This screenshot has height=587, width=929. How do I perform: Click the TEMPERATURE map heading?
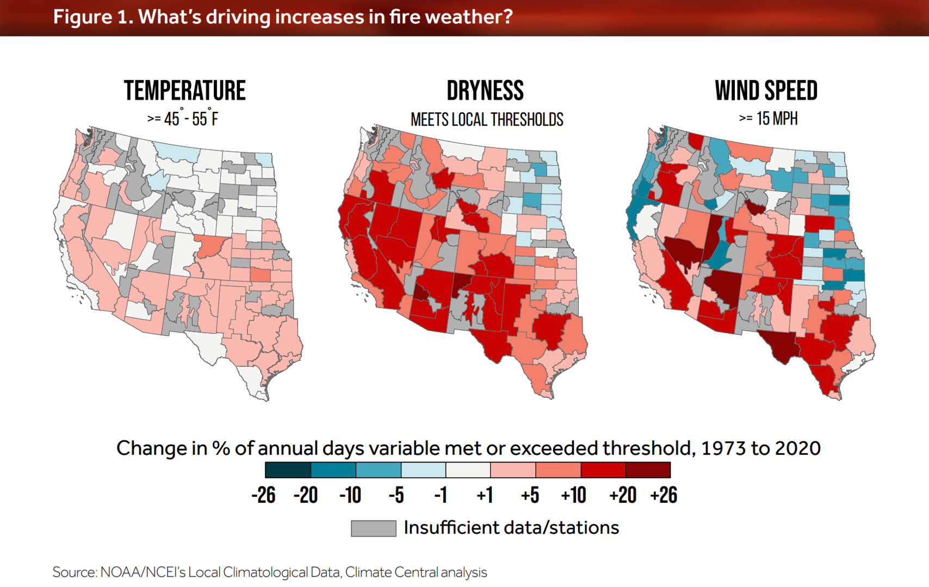pyautogui.click(x=184, y=91)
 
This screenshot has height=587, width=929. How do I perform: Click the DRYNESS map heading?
pyautogui.click(x=485, y=91)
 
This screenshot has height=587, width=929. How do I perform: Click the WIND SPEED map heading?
pyautogui.click(x=766, y=91)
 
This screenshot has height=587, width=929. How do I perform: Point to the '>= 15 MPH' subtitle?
pyautogui.click(x=768, y=118)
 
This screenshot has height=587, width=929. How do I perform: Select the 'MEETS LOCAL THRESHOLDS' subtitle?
pyautogui.click(x=487, y=120)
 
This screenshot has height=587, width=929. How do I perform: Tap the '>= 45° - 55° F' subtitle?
pyautogui.click(x=183, y=118)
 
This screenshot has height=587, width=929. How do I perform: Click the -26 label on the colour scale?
pyautogui.click(x=263, y=495)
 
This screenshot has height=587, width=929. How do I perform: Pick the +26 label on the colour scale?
pyautogui.click(x=664, y=495)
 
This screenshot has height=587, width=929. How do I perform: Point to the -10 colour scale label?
pyautogui.click(x=350, y=495)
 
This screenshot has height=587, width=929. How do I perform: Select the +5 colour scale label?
pyautogui.click(x=530, y=495)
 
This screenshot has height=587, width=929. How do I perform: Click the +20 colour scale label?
pyautogui.click(x=622, y=495)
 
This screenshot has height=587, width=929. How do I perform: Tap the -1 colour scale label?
pyautogui.click(x=441, y=495)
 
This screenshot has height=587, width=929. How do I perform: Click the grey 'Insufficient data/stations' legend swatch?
pyautogui.click(x=373, y=528)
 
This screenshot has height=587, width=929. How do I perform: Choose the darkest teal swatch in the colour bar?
pyautogui.click(x=288, y=470)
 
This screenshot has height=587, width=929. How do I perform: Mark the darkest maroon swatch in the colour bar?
pyautogui.click(x=648, y=470)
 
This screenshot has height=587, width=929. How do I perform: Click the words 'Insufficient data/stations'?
pyautogui.click(x=511, y=528)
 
